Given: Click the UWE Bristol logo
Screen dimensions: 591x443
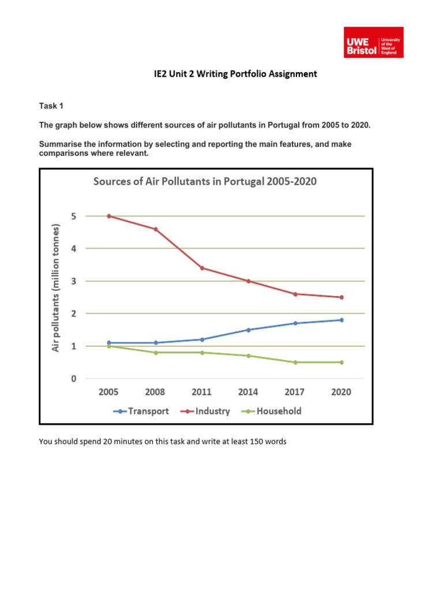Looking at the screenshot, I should click(x=373, y=42).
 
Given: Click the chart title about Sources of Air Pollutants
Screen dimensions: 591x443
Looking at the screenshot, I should click(x=205, y=182).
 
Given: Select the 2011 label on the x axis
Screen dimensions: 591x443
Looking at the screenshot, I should click(x=202, y=392).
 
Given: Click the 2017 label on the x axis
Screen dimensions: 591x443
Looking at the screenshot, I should click(x=295, y=392).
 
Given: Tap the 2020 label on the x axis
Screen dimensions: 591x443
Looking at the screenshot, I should click(x=341, y=392).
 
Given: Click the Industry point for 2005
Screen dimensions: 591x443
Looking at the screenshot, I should click(x=108, y=216).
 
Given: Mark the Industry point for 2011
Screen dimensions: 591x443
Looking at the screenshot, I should click(x=202, y=268).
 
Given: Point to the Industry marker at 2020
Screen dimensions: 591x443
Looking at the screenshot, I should click(x=341, y=297).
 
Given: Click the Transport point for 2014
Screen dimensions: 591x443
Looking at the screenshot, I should click(x=249, y=330).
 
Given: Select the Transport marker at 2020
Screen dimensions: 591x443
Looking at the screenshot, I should click(x=341, y=320).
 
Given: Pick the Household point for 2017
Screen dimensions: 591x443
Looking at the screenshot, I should click(x=295, y=362).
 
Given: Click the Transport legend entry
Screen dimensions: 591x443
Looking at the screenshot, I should click(x=142, y=412).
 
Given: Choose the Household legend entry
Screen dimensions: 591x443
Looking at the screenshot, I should click(x=273, y=412).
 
